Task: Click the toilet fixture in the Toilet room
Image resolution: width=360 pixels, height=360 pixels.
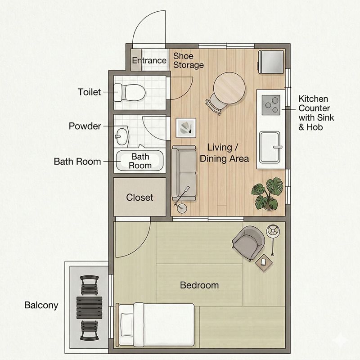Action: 130,93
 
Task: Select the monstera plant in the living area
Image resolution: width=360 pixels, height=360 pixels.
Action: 268,194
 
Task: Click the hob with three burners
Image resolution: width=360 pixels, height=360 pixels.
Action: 271,105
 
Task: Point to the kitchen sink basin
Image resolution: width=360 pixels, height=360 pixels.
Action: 270,147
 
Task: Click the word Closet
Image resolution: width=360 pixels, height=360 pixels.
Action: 139,197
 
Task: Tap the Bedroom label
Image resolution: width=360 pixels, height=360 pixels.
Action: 199,285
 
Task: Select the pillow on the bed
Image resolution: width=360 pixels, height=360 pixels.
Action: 127,324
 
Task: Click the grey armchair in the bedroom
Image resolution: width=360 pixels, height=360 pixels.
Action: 248,242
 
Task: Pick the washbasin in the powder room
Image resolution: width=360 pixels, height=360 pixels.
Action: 121,136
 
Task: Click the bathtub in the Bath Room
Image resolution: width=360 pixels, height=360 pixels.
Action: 140,161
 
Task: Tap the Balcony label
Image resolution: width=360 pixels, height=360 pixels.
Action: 41,306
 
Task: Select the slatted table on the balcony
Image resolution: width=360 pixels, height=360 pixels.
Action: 89,308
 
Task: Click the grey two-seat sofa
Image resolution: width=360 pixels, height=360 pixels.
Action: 184,173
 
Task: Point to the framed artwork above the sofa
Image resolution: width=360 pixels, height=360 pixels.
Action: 186,128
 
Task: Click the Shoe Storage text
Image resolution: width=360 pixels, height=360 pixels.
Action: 189,60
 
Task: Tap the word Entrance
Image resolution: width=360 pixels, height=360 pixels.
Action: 149,60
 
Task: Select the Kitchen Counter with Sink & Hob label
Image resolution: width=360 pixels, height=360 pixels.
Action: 316,113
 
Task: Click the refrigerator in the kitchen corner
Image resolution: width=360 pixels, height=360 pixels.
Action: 271,62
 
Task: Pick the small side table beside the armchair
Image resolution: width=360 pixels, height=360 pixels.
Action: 264,262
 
